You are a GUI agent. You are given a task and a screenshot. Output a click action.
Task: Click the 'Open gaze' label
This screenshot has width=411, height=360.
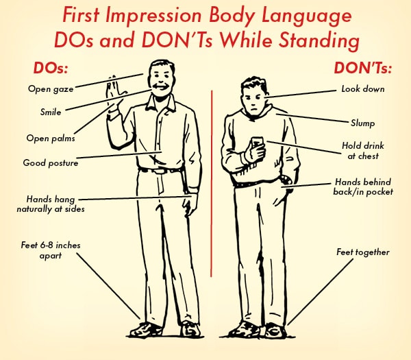pos(51,89)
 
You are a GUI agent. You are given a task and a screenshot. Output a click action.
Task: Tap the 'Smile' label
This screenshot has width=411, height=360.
pos(51,112)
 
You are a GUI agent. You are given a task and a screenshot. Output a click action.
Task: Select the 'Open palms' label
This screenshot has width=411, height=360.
pos(51,138)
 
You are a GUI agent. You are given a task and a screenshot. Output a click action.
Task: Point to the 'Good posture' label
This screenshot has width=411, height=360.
pos(51,163)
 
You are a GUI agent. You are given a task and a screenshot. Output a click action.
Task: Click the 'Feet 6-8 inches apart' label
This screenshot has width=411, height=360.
pos(51,250)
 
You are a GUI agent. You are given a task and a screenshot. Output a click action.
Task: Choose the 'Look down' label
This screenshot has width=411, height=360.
pos(363,89)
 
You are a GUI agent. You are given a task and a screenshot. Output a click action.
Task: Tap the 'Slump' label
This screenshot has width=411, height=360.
pos(363,123)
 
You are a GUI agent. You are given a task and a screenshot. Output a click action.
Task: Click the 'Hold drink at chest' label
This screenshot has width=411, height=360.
pos(363,151)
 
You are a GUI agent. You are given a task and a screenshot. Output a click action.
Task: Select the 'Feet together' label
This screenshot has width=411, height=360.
pos(363,252)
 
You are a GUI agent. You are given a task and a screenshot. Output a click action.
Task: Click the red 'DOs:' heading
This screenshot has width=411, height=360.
pos(51,68)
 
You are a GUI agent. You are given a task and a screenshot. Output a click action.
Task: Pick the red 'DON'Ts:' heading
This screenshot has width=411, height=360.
pos(363,68)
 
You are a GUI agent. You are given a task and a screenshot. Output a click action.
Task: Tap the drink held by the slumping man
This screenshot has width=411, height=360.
pos(257,143)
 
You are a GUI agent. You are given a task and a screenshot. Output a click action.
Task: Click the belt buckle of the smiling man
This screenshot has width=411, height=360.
pos(160,171)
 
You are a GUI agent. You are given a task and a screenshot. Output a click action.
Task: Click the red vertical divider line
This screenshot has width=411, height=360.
pos(211,183)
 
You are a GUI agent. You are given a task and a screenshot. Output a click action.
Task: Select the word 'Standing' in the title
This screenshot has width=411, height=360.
pos(319,41)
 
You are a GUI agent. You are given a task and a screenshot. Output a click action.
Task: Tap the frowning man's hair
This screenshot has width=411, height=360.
pos(255,84)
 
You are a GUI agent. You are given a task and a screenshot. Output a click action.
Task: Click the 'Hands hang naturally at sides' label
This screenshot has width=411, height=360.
pos(51,204)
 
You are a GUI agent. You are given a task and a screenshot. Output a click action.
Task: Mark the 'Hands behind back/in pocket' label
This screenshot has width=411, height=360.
pos(363,187)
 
